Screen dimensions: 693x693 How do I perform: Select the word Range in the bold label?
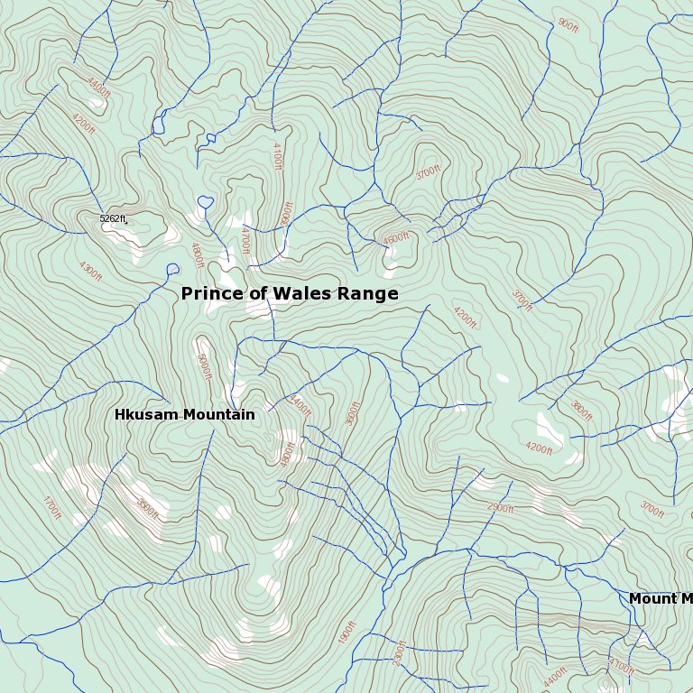[367, 294]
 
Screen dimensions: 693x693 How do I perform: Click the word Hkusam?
[146, 415]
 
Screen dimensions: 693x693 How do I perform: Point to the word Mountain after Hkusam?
[219, 415]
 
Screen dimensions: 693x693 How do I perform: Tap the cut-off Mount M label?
[660, 599]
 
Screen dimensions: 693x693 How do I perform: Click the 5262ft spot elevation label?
[113, 218]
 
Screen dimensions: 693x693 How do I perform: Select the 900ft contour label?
[568, 24]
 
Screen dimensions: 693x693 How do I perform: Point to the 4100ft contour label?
[277, 156]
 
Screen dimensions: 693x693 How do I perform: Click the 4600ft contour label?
[396, 239]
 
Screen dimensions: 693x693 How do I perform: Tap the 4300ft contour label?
[90, 270]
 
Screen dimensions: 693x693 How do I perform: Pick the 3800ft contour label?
[581, 411]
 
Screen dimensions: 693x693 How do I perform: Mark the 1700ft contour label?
[52, 508]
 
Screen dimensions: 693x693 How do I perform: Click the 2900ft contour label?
[500, 508]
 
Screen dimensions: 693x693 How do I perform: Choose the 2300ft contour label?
[401, 652]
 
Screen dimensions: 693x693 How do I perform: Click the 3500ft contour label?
[352, 413]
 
